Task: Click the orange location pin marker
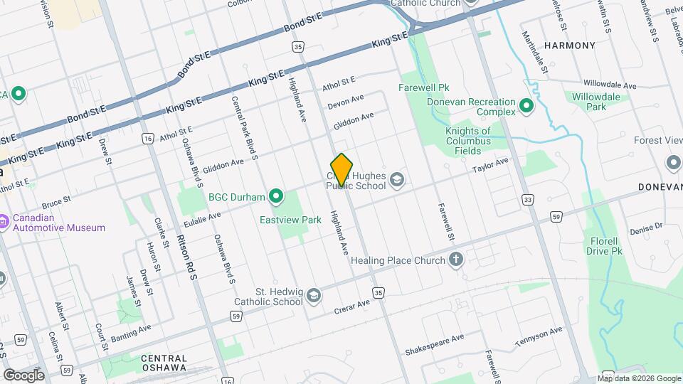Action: pyautogui.click(x=342, y=169)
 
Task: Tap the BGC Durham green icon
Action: pyautogui.click(x=277, y=197)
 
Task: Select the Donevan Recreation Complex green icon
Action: pyautogui.click(x=526, y=107)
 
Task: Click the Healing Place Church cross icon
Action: pyautogui.click(x=457, y=260)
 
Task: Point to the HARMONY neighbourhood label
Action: pyautogui.click(x=569, y=46)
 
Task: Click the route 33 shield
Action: pyautogui.click(x=527, y=201)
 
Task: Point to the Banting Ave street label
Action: pyautogui.click(x=130, y=331)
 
